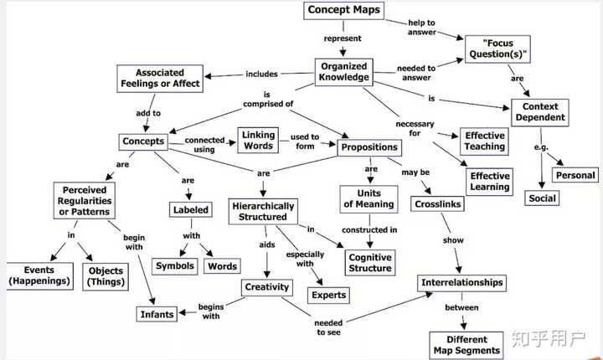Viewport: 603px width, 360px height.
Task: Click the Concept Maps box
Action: click(x=344, y=10)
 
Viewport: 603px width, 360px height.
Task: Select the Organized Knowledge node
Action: click(x=344, y=72)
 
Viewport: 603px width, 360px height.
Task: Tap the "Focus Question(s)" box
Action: click(x=497, y=49)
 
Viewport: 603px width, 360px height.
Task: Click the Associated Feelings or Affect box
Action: click(x=160, y=79)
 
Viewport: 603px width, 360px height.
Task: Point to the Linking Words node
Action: click(x=258, y=141)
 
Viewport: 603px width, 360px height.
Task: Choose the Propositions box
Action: click(x=369, y=147)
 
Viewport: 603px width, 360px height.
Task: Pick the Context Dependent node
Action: click(x=540, y=112)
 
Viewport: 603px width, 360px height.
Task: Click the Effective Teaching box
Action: click(x=484, y=141)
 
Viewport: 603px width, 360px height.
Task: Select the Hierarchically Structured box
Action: click(x=263, y=212)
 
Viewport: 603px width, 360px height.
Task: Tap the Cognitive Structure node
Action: click(x=370, y=263)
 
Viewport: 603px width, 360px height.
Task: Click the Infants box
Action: click(x=157, y=314)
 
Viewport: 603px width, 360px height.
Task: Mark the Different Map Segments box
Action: click(x=466, y=345)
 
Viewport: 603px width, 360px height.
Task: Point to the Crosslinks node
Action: click(x=438, y=204)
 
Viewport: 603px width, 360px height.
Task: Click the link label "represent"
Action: click(x=343, y=39)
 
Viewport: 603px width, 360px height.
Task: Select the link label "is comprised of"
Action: click(x=268, y=100)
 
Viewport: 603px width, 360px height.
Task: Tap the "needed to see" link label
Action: click(x=328, y=327)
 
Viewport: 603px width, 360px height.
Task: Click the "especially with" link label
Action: click(x=305, y=259)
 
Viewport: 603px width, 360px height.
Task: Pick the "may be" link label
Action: click(x=415, y=172)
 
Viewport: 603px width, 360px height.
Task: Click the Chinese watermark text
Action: click(x=549, y=338)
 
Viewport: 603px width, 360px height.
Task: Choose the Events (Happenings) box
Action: click(x=39, y=275)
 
